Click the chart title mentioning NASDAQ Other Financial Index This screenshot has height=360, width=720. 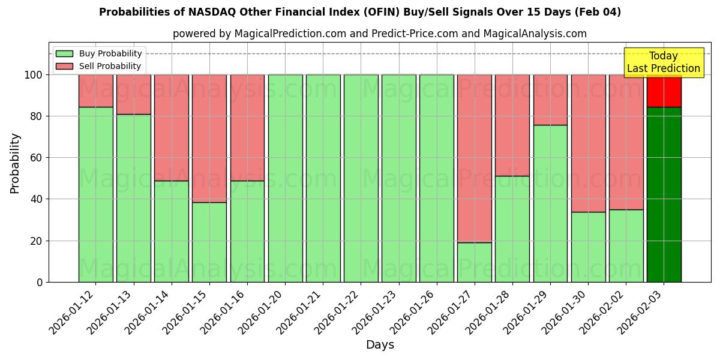360,12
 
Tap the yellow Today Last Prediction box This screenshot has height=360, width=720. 663,62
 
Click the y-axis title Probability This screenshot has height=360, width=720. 15,163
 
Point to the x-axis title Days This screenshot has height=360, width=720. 380,345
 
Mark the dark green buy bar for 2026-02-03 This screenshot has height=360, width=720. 664,194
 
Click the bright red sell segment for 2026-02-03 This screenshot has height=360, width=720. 664,91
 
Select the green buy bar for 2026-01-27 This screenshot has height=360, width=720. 474,262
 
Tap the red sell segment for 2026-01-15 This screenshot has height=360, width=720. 209,138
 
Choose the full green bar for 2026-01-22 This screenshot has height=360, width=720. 361,178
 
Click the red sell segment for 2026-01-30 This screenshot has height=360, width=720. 588,143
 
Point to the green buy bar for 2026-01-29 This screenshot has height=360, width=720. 550,203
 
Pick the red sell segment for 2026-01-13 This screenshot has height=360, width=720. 133,94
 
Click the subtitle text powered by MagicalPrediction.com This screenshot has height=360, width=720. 380,34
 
